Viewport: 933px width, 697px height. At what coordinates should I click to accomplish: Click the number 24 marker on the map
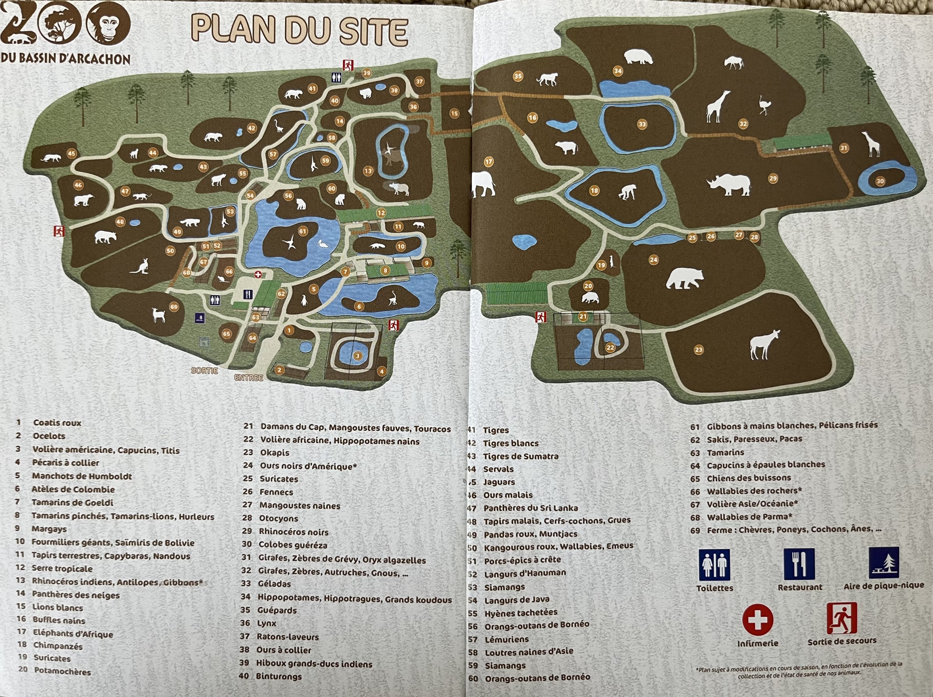(x=653, y=260)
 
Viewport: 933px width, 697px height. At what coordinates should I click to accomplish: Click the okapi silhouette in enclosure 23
(x=764, y=344)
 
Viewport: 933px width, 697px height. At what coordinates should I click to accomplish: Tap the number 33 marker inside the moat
(x=642, y=124)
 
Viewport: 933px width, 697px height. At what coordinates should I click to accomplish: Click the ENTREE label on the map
(x=249, y=378)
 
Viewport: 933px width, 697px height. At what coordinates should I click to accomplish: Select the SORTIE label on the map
(x=205, y=370)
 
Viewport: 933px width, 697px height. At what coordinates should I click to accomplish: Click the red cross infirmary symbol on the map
(x=258, y=275)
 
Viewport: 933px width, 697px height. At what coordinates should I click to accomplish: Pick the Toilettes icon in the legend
(x=715, y=564)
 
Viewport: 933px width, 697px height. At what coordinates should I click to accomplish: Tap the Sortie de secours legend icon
(x=841, y=618)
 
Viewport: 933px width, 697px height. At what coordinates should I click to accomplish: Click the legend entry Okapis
(x=274, y=453)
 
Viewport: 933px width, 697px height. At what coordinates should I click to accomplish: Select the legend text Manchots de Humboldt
(x=82, y=476)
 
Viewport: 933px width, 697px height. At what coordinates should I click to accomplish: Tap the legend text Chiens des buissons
(x=749, y=478)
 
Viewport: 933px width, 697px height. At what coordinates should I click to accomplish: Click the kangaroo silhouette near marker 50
(x=140, y=267)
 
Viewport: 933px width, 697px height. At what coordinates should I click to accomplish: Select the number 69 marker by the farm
(x=174, y=307)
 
